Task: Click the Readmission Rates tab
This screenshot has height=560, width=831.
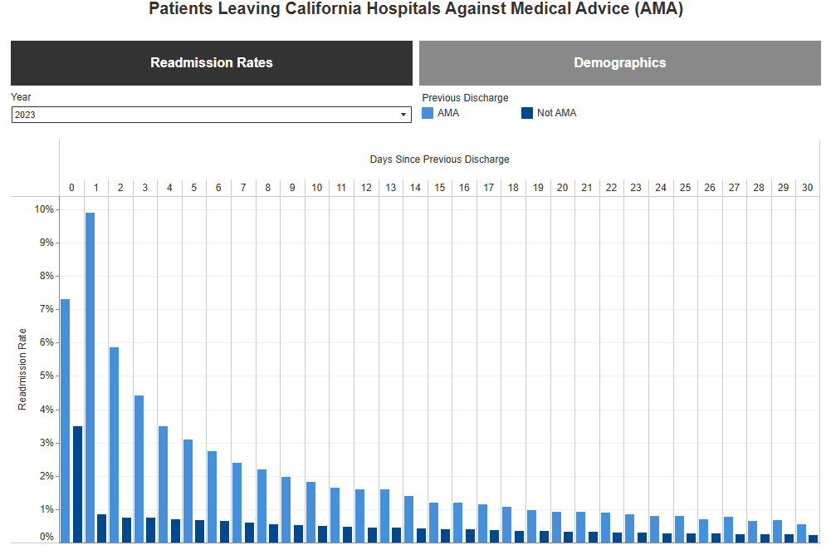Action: pos(212,63)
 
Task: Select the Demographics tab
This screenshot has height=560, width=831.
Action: pos(619,63)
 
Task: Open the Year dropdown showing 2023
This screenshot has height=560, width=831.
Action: pos(212,115)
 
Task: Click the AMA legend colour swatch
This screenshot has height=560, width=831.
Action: pos(428,113)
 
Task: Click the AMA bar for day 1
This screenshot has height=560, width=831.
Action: pos(90,377)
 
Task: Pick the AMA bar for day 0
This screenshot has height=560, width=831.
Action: pos(65,420)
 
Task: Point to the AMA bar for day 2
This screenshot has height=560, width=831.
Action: pos(114,445)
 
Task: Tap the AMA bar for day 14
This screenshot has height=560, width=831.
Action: pos(408,519)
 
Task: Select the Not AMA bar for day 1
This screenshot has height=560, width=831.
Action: pos(101,528)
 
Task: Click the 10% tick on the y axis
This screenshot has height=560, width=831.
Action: pos(44,209)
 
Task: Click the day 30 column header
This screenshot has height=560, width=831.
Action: pos(807,188)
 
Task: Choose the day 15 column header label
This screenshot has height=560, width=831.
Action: pos(439,188)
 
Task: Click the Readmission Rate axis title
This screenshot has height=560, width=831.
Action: pos(23,369)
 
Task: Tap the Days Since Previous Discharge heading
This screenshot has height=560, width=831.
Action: pos(439,159)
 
